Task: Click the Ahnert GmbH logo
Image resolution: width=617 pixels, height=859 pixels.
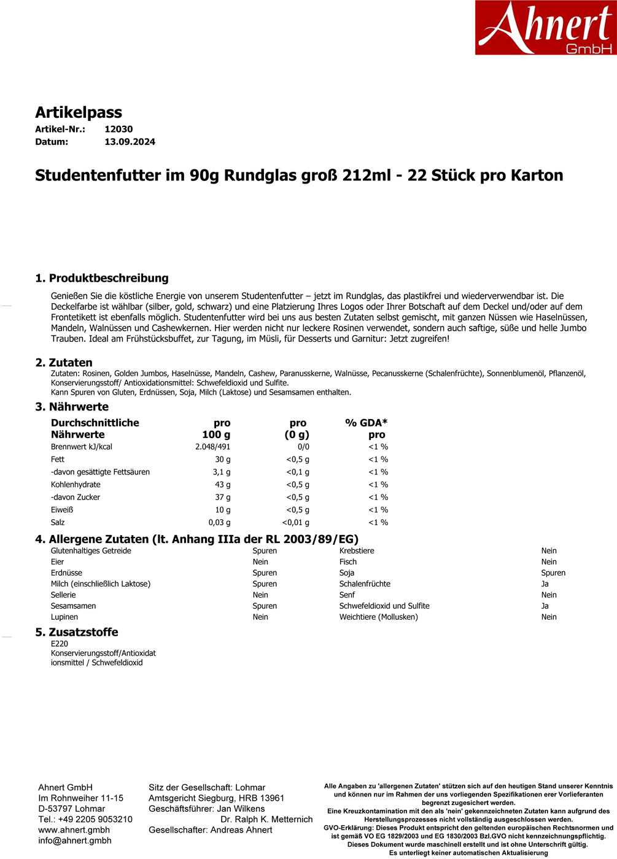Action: [x=545, y=28]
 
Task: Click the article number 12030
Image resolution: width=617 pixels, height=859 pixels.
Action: [x=118, y=129]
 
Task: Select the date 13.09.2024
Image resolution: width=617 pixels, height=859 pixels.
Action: [x=130, y=142]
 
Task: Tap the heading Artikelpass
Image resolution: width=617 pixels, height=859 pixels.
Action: [x=79, y=112]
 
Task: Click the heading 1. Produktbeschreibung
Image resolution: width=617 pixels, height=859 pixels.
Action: [x=102, y=278]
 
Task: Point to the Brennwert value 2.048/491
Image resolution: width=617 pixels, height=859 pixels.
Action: [x=212, y=447]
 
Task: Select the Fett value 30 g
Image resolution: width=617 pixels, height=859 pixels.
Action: [x=222, y=460]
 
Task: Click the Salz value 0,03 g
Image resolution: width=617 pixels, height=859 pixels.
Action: [x=219, y=523]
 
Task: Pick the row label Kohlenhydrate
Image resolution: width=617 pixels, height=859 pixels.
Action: [x=76, y=485]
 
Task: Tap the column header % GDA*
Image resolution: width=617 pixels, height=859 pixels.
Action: [x=366, y=423]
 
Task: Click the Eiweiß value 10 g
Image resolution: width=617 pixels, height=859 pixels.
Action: [x=222, y=510]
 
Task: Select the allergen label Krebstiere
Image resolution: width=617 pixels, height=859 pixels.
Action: [x=357, y=551]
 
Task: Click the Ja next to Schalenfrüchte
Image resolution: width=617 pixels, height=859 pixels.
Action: [x=545, y=584]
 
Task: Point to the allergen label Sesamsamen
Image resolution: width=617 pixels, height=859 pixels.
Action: [x=73, y=606]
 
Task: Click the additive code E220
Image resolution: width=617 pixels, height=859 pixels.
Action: [x=60, y=644]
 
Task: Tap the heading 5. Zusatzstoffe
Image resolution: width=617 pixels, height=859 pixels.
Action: [x=77, y=632]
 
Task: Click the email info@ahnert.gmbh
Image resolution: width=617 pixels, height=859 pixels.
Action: [x=75, y=841]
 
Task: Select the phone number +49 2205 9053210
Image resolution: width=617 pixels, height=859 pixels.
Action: [x=95, y=819]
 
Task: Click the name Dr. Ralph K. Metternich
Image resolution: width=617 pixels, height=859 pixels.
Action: [x=266, y=819]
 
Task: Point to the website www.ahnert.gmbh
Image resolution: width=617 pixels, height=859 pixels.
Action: [x=74, y=830]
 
